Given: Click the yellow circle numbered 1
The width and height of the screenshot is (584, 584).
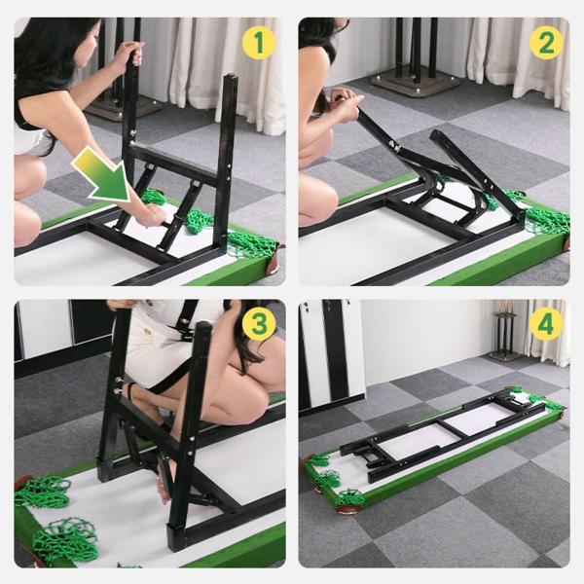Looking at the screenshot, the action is click(259, 43).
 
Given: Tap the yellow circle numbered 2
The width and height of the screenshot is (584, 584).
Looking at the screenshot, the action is click(546, 43).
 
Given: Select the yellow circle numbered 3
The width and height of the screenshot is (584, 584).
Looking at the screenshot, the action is click(259, 324).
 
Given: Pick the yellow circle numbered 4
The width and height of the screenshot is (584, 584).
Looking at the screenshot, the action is click(546, 324).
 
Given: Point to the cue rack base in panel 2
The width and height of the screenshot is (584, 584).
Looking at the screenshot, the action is click(416, 86).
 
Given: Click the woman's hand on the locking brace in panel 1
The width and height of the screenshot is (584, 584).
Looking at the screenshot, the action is click(152, 215).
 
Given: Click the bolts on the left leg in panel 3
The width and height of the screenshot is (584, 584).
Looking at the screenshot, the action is click(118, 385).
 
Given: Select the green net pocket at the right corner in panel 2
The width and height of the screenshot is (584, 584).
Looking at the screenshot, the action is click(547, 220).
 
